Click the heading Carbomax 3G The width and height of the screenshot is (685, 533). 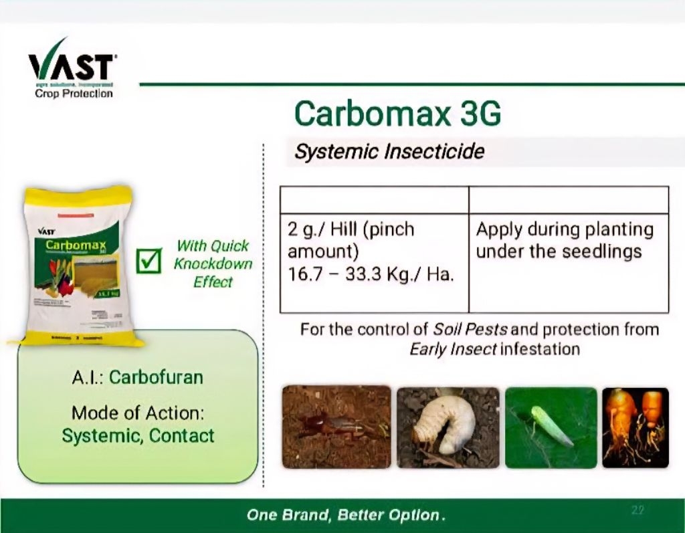click(397, 114)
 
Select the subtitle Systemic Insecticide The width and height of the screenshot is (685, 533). click(389, 152)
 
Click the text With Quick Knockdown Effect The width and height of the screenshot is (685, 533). click(213, 263)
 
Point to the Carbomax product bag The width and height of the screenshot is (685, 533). click(79, 266)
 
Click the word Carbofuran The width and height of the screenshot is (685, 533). click(156, 377)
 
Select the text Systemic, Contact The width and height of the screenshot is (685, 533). click(138, 436)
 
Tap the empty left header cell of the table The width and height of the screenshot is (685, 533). click(373, 199)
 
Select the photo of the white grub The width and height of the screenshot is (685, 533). click(448, 427)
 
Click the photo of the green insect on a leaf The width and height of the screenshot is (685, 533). click(551, 427)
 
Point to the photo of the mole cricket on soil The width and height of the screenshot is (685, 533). click(336, 427)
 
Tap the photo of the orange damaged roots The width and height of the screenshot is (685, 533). click(635, 427)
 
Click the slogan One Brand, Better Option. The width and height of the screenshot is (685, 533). click(346, 516)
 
